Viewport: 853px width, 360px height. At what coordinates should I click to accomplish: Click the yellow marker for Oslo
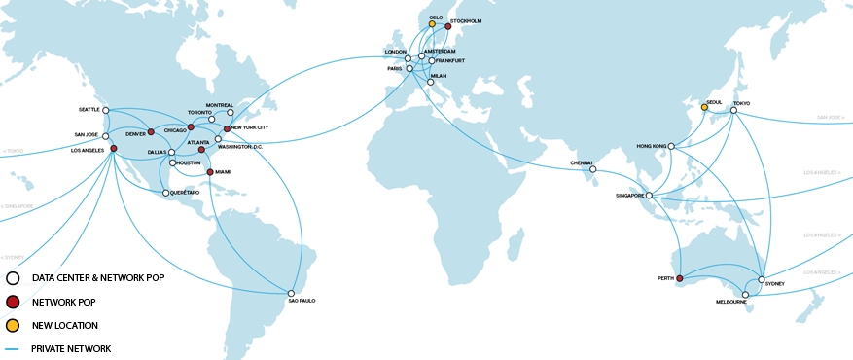coord(432,24)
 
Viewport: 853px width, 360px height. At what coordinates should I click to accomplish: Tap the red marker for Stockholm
coord(448,27)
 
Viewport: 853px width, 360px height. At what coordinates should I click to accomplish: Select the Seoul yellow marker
coord(704,107)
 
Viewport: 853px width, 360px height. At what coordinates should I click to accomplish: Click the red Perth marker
coord(680,279)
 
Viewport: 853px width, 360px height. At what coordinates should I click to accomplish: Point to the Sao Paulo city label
coord(302,301)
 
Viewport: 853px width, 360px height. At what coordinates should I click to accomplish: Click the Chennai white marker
coord(592,169)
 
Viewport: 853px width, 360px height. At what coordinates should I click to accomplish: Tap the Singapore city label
coord(629,196)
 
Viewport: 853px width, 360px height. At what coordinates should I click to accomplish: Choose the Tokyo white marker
coord(734,110)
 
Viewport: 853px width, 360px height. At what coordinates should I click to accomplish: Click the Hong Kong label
coord(650,146)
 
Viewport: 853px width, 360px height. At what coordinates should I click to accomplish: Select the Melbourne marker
coord(746,294)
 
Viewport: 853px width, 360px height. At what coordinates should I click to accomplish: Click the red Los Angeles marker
coord(114,148)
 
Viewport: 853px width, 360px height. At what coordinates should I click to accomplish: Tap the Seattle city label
coord(88,110)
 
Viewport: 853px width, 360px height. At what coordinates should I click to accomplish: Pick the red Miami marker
coord(210,172)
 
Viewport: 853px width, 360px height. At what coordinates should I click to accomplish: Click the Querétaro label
coord(184,193)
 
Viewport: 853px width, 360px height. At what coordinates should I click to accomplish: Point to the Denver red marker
coord(151,131)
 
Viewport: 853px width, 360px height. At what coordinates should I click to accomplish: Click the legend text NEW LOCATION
coord(64,325)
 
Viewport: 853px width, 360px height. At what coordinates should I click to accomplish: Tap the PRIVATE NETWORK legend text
coord(71,348)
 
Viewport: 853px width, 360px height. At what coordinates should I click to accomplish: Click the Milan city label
coord(438,76)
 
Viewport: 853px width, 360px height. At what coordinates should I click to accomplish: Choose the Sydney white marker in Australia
coord(762,279)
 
